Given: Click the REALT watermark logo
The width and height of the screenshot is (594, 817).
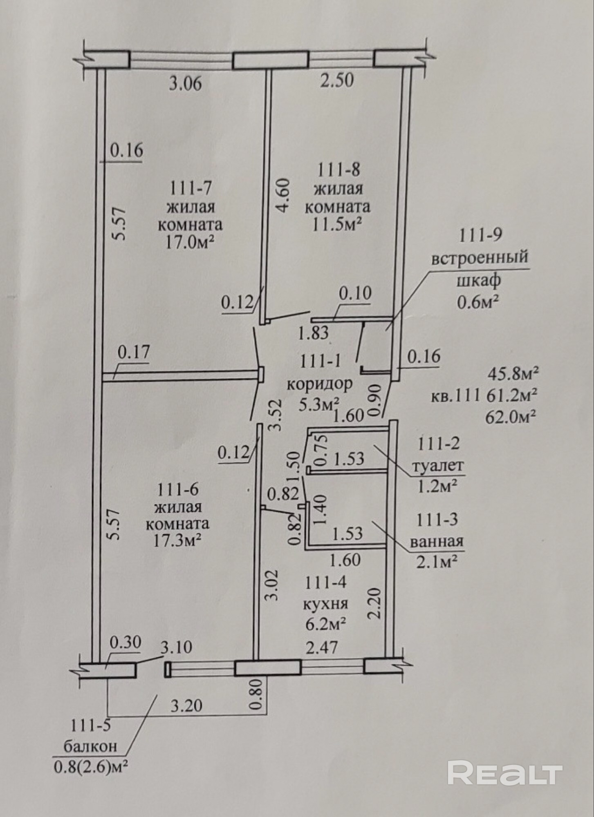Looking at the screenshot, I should [505, 772].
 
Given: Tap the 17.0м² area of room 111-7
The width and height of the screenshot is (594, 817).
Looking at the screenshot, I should [190, 243].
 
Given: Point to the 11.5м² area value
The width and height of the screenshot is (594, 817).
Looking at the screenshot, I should [337, 224].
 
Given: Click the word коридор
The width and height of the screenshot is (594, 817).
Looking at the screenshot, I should [319, 384].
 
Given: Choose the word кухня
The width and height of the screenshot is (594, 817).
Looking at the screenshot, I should [325, 603].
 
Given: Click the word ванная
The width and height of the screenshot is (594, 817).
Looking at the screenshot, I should [437, 542].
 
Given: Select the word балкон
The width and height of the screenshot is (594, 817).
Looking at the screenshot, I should [90, 746].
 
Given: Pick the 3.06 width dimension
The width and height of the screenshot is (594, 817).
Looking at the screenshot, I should [186, 84].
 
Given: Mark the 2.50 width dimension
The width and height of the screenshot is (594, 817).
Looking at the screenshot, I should [337, 80].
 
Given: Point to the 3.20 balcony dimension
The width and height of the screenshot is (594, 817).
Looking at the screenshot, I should [186, 705].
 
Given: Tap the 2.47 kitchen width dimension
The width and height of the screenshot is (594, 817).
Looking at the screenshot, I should [322, 647].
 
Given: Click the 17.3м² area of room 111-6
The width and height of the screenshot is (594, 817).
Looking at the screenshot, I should [177, 541].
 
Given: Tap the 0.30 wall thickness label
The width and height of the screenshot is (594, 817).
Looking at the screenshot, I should [125, 642].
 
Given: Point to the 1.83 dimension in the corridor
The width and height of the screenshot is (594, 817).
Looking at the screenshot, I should [314, 333].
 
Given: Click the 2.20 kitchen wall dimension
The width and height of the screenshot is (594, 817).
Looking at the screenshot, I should [375, 603].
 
